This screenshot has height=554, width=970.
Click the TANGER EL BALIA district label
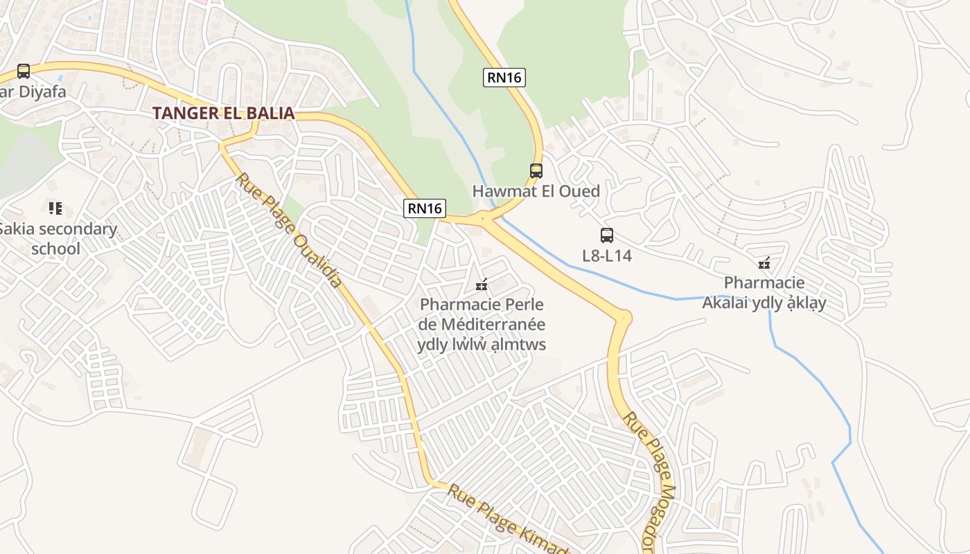click(x=223, y=113)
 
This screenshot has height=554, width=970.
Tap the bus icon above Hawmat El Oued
click(x=536, y=170)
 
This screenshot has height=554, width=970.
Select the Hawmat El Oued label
click(x=536, y=191)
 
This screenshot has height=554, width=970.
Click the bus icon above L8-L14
click(x=606, y=235)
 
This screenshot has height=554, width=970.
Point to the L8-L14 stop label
click(x=607, y=256)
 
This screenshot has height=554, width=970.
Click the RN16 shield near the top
click(x=504, y=78)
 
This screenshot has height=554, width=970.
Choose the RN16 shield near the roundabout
click(x=425, y=208)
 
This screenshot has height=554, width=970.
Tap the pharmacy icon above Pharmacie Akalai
click(x=764, y=263)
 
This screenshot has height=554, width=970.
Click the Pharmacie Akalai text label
click(x=764, y=292)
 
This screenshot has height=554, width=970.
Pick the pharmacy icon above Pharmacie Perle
click(x=482, y=285)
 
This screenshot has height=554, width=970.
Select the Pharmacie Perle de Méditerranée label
click(x=482, y=324)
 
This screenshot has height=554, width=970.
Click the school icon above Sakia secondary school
click(x=55, y=208)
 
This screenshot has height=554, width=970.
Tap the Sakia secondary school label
click(x=58, y=238)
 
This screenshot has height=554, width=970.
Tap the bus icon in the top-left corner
click(x=24, y=71)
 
